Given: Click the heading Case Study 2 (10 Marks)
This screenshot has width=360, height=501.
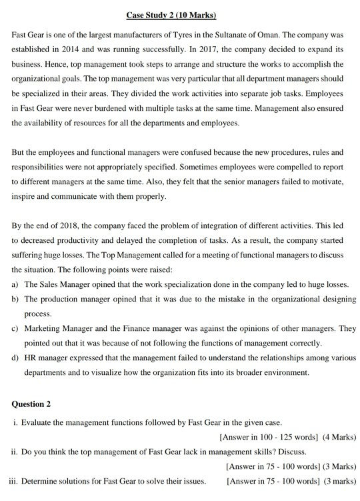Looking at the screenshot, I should coord(179,15).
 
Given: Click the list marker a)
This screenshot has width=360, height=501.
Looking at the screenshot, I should coord(15,284).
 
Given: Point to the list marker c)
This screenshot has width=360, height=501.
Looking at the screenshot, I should coord(15,330).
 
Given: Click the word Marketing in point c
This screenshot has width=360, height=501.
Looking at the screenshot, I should coord(43,330).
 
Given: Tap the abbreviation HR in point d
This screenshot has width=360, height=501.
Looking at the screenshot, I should coord(31,359).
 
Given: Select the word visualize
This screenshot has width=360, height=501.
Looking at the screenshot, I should coord(139,374).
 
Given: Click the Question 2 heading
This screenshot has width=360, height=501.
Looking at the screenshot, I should coord(31,404).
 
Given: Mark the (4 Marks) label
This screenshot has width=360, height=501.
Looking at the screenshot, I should coord(339,438).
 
